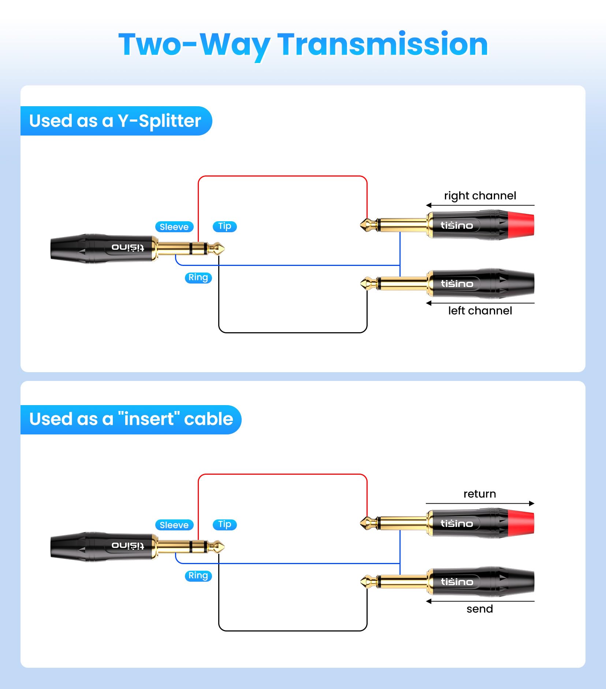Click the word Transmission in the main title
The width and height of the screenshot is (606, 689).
pos(383,44)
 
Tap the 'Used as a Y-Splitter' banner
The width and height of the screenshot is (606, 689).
pos(116,121)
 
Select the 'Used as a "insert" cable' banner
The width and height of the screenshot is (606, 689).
pos(131,419)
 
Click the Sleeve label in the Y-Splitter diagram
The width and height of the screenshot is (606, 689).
pos(174,227)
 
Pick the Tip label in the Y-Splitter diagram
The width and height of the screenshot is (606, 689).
pos(225,226)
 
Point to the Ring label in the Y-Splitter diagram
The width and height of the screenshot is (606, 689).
pos(198,278)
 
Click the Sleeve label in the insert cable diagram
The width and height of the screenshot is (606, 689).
pos(174,525)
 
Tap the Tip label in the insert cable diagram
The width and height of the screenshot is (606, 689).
pos(225,525)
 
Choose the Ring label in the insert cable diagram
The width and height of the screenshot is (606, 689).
pos(198,576)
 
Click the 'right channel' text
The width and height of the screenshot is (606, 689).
pos(480,196)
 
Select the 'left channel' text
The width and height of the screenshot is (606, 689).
pos(480,311)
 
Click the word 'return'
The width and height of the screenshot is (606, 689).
pos(480,494)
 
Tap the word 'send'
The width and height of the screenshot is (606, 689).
pos(480,609)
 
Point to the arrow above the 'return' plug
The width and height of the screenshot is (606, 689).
pos(480,503)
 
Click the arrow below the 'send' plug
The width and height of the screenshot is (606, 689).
pos(480,601)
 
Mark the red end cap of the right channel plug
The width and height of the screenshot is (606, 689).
pos(521,225)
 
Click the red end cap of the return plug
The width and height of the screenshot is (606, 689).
pos(521,523)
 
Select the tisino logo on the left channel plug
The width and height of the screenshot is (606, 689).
pos(457,284)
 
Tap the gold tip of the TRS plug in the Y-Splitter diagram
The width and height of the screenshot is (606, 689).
pos(219,249)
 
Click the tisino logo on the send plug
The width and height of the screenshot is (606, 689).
pos(457,582)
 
